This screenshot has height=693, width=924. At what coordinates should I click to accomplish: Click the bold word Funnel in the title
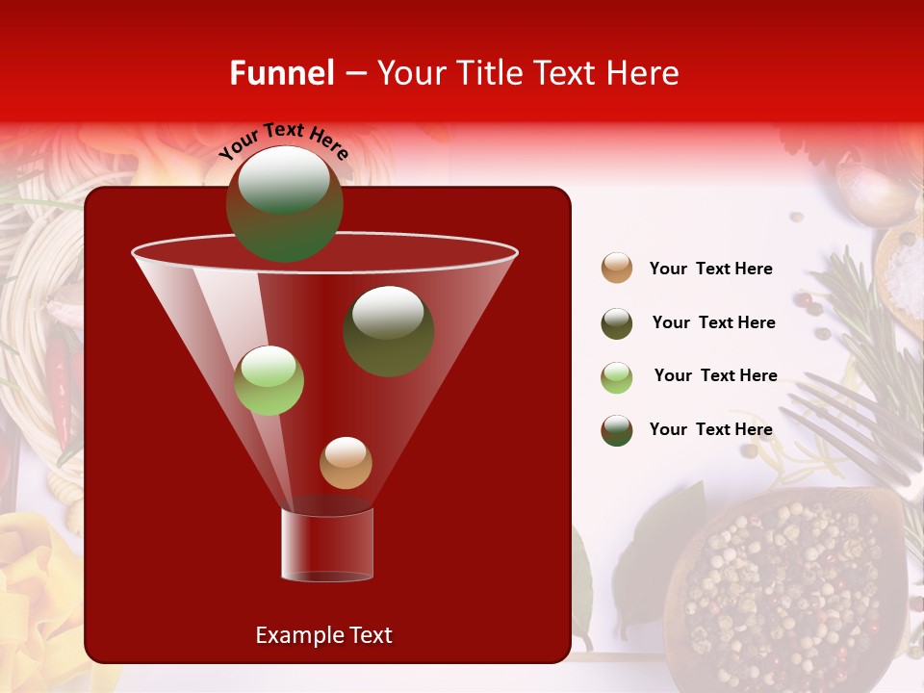click(281, 73)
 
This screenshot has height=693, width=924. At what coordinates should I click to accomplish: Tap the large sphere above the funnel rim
click(284, 203)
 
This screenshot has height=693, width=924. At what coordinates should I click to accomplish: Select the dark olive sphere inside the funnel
click(388, 330)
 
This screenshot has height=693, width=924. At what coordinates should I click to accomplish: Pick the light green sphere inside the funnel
click(269, 380)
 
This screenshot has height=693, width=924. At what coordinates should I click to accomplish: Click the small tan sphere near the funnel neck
click(346, 462)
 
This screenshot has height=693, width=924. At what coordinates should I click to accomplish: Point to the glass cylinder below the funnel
click(326, 545)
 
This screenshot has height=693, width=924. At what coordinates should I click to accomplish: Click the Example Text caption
click(323, 635)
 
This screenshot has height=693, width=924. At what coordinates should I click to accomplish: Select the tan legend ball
click(617, 269)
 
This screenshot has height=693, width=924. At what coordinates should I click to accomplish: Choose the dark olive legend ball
click(617, 323)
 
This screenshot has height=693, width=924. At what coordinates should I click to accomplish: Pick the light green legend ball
click(617, 376)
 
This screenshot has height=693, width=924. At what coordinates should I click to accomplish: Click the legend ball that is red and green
click(617, 430)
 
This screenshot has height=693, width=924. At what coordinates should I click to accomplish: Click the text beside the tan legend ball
click(710, 269)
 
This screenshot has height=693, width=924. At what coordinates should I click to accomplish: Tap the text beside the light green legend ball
click(715, 375)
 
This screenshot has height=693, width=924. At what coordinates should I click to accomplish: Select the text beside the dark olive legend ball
click(713, 322)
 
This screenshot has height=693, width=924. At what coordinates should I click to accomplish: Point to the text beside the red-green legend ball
click(710, 429)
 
